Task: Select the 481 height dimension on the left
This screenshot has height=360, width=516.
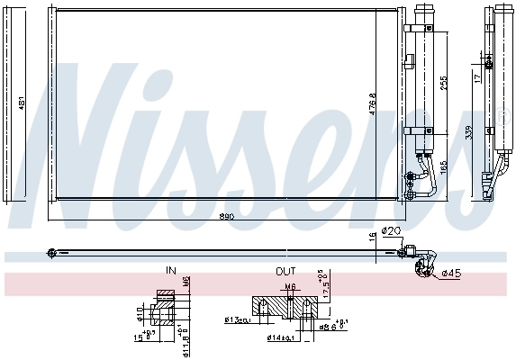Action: pos(23,105)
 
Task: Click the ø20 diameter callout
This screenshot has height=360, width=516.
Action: pos(391,230)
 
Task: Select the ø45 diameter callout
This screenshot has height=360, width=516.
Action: pos(451,274)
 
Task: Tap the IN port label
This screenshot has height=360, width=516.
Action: pos(171,270)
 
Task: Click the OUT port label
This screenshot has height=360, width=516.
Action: pos(285,270)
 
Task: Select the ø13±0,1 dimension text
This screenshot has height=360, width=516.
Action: pos(238,319)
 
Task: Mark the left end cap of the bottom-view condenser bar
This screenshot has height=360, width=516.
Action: pos(52,252)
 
